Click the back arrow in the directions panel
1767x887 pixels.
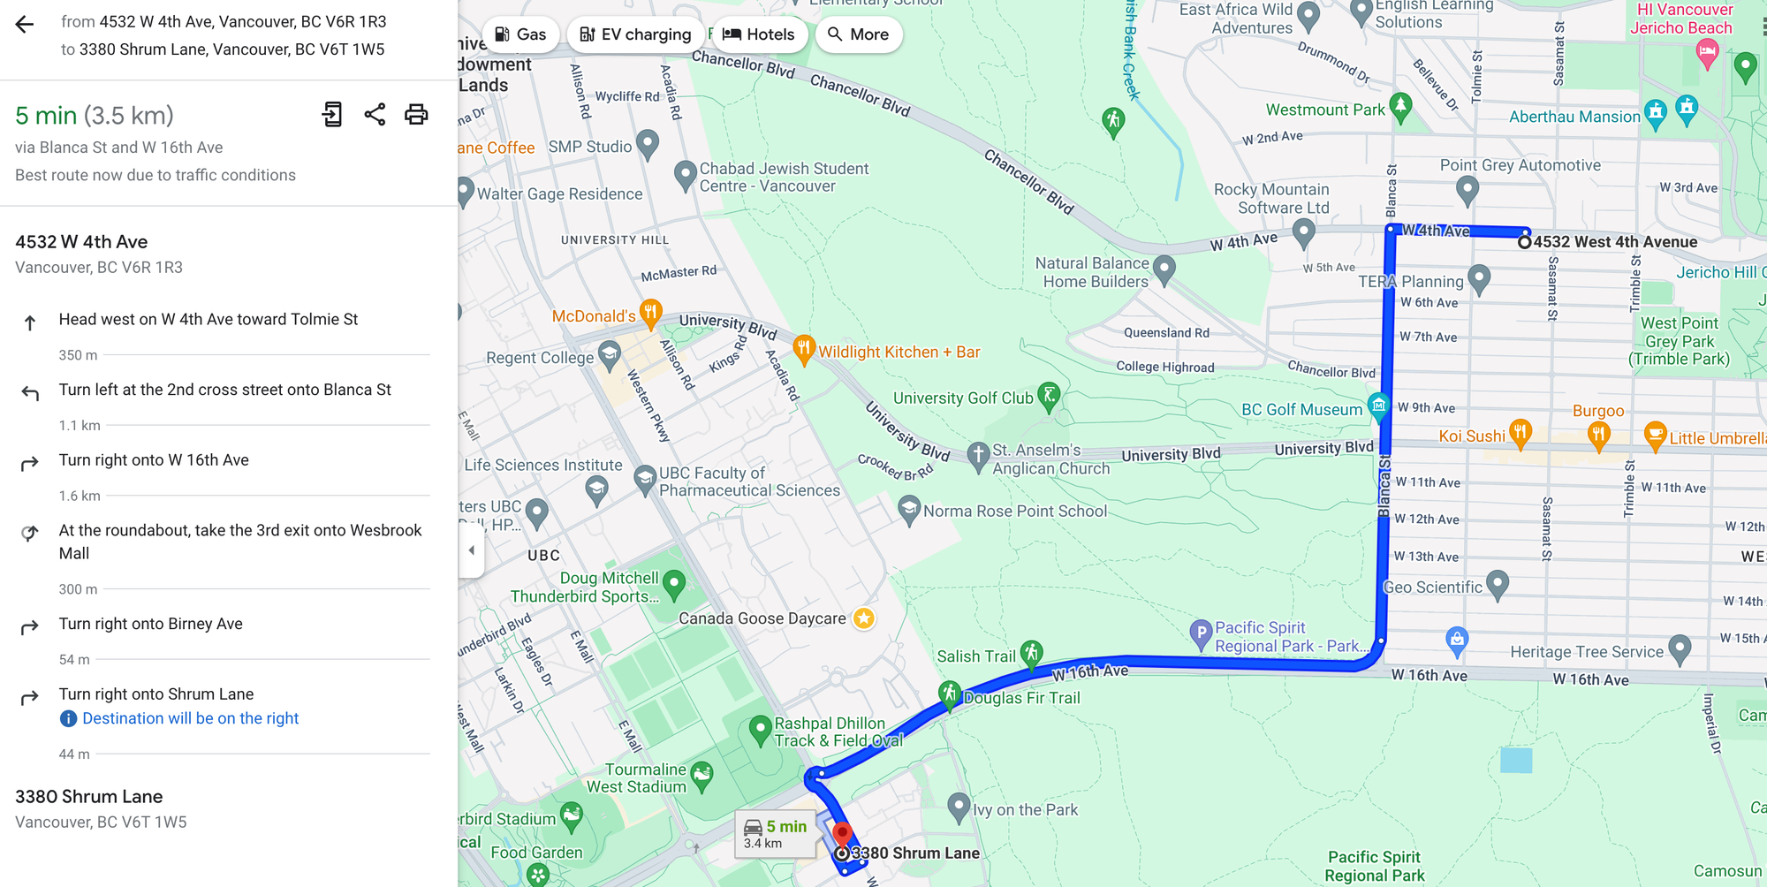tap(25, 25)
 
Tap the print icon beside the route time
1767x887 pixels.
tap(416, 115)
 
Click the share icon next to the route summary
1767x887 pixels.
tap(375, 115)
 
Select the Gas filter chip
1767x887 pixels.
tap(520, 34)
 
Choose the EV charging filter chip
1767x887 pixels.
tap(635, 34)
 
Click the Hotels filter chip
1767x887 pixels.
tap(758, 34)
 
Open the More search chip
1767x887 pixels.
tap(858, 34)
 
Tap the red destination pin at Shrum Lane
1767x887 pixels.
tap(842, 833)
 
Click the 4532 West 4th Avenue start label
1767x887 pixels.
tap(1615, 242)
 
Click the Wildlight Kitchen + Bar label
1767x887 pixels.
tap(899, 353)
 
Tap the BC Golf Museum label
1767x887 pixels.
tap(1301, 410)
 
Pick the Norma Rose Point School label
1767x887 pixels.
tap(1014, 512)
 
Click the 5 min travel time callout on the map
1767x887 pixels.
tap(776, 833)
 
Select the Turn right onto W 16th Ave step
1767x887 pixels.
tap(154, 460)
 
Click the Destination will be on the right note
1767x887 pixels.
tap(190, 719)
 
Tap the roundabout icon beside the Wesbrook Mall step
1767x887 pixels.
tap(30, 533)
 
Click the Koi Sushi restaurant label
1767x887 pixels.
tap(1471, 436)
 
